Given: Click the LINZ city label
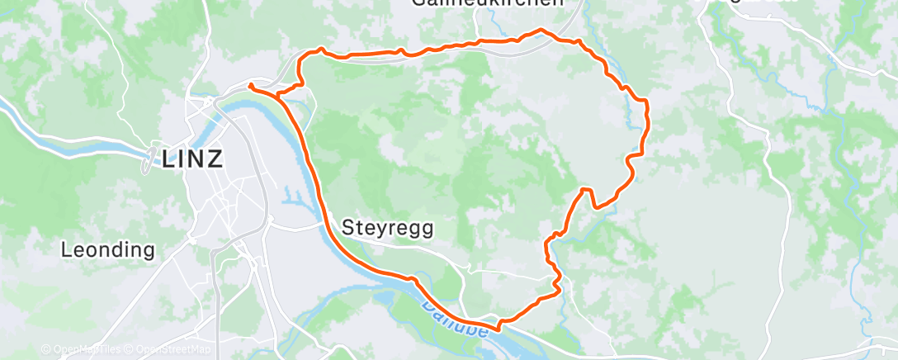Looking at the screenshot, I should click(x=193, y=159).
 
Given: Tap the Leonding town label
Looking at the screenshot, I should click(x=108, y=249).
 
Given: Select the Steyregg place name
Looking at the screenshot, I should click(x=386, y=225).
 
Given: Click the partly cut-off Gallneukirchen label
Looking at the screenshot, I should click(x=487, y=3).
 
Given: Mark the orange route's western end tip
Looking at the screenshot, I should click(x=248, y=84).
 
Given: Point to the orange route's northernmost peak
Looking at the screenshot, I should click(x=541, y=31).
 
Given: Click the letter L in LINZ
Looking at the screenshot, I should click(x=169, y=159).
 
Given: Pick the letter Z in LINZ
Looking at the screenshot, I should click(x=215, y=159).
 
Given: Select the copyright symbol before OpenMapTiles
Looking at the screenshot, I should click(x=45, y=349).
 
